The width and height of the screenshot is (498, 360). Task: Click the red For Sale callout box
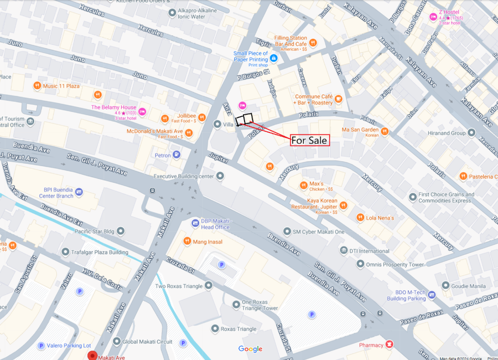coord(310,140)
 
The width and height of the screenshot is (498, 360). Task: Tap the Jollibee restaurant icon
coord(164,119)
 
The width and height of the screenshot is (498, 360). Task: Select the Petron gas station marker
coord(176,155)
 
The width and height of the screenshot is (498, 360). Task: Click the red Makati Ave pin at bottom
coord(92,356)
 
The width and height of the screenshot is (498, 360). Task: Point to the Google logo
coord(250,349)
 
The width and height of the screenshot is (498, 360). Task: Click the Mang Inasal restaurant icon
coord(188,241)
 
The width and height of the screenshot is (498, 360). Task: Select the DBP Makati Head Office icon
coord(195,223)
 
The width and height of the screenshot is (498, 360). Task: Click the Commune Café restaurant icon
coord(338,99)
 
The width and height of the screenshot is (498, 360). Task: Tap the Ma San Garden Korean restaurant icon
coord(384,131)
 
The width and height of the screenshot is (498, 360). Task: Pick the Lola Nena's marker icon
coord(360,218)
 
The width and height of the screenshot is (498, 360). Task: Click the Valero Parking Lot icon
coord(41,346)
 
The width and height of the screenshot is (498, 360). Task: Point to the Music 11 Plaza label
coord(61,86)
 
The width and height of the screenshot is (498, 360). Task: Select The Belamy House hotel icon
coord(142,111)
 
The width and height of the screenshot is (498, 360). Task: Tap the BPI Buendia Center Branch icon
coord(79,192)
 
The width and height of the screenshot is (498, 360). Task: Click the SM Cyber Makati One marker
coord(287,232)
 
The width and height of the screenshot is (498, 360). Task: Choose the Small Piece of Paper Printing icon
coord(273,58)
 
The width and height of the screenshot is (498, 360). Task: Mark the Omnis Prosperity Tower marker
coord(360,264)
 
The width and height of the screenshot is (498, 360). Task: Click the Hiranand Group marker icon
coord(471,132)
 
